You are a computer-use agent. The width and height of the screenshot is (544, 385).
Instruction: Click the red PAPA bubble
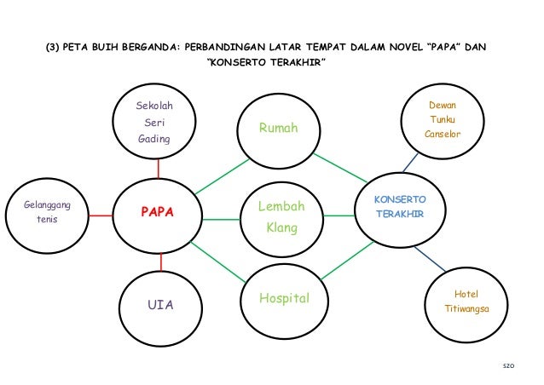pyautogui.click(x=158, y=213)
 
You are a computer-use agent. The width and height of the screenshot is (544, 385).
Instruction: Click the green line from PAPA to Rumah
pyautogui.click(x=222, y=175)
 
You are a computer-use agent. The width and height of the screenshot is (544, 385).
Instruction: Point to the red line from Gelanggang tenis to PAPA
pyautogui.click(x=101, y=215)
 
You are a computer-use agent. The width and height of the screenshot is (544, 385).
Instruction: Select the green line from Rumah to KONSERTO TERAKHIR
pyautogui.click(x=340, y=168)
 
